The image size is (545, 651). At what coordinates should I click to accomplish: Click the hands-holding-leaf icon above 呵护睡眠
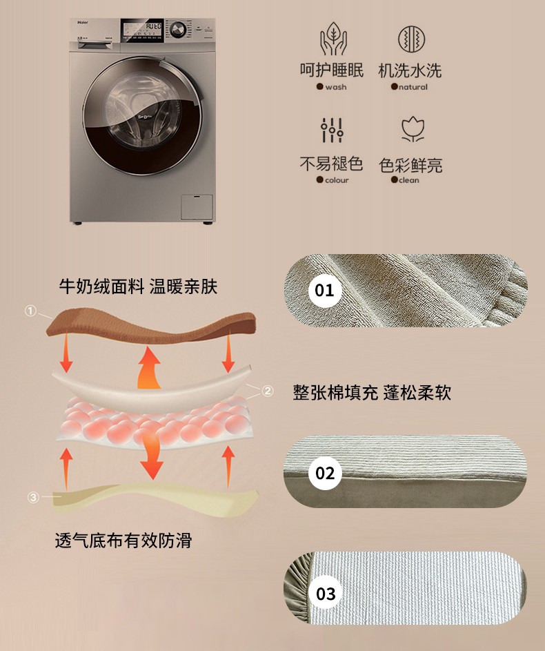[x=333, y=39]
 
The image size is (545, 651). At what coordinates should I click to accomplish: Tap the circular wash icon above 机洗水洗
[x=411, y=39]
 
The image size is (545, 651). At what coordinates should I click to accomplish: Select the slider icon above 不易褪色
[x=332, y=130]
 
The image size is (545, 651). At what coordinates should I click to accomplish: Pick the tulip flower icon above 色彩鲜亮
[x=413, y=129]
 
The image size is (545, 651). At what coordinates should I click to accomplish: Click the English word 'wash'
[x=335, y=87]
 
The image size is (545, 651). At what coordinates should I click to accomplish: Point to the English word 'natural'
[x=413, y=87]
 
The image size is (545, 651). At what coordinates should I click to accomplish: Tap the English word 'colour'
[x=337, y=179]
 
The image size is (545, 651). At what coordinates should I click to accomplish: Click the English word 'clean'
[x=408, y=179]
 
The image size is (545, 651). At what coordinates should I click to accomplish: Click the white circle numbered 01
[x=325, y=290]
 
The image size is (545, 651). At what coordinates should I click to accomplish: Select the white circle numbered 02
[x=325, y=473]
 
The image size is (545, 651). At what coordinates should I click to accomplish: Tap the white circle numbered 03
[x=326, y=593]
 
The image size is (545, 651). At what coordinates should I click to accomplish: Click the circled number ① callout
[x=30, y=311]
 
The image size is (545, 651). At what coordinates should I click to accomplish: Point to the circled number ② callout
[x=268, y=391]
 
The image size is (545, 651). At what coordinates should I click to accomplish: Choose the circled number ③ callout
[x=33, y=497]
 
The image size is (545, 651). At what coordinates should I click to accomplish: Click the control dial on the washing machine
[x=178, y=30]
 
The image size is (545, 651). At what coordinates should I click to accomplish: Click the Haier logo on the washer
[x=81, y=22]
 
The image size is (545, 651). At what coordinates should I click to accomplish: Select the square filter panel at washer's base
[x=197, y=206]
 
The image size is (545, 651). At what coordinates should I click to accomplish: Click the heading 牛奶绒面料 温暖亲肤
[x=138, y=287]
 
